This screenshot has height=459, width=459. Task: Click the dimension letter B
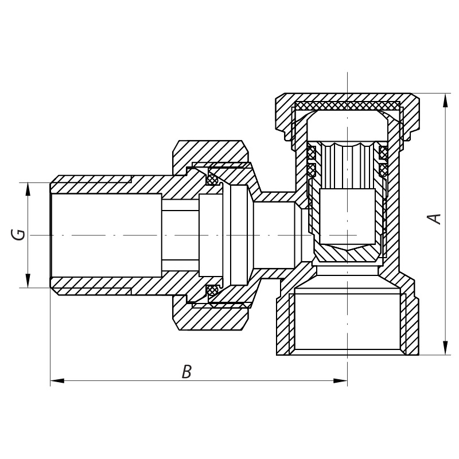[x=186, y=372]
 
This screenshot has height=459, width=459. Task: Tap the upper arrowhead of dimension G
[x=28, y=189]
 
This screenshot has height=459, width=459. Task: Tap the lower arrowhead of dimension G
[x=28, y=281]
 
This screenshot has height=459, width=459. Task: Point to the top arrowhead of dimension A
[x=446, y=100]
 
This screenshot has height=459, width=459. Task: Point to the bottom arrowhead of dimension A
[x=446, y=348]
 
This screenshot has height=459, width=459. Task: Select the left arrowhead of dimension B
[x=57, y=381]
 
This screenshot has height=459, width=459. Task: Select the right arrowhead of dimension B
[x=340, y=381]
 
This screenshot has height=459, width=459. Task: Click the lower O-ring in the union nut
[x=212, y=290]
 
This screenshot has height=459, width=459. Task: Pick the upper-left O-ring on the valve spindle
[x=311, y=152]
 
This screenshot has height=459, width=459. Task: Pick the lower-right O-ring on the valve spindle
[x=383, y=169]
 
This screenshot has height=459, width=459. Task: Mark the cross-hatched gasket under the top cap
[x=348, y=106]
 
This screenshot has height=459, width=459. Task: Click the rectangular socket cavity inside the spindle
[x=348, y=216]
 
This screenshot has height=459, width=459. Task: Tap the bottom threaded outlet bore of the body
[x=348, y=321]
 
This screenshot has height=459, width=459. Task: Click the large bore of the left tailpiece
[x=106, y=235]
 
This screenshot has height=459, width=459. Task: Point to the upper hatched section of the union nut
[x=211, y=158]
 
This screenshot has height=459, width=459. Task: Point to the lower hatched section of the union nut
[x=211, y=313]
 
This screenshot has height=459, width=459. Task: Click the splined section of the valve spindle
[x=348, y=165]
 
